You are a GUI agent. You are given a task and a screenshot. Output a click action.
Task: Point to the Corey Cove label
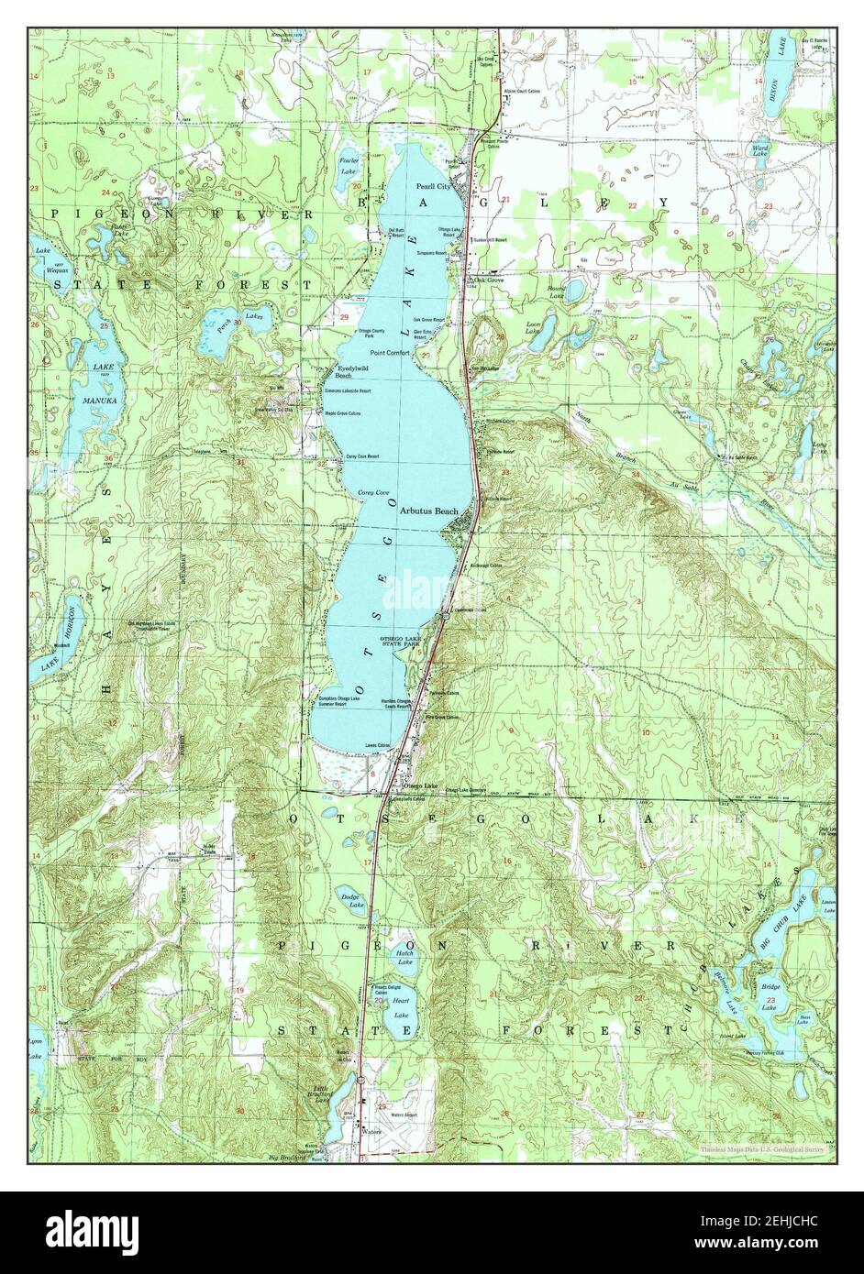click(373, 492)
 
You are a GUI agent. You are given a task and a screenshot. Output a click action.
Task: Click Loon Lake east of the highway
click(535, 341)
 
